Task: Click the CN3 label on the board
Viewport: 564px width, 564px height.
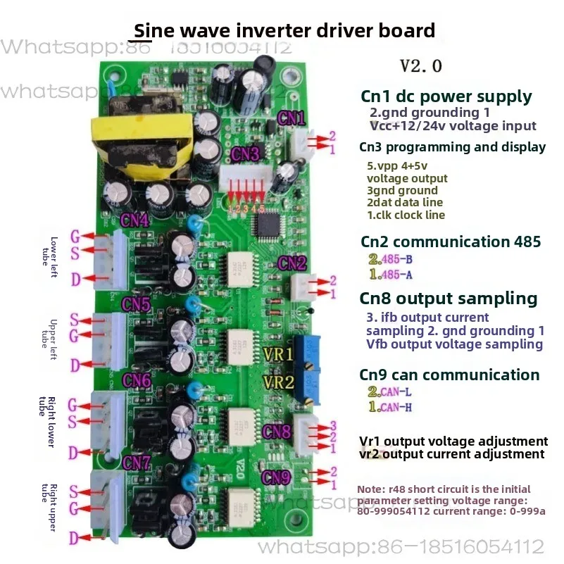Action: click(x=246, y=153)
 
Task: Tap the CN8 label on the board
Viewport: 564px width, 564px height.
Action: click(x=277, y=430)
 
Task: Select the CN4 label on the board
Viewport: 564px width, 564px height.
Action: click(x=134, y=220)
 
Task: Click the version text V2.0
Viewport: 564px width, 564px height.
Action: click(x=421, y=66)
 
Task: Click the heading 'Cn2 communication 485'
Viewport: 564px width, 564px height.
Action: click(x=451, y=242)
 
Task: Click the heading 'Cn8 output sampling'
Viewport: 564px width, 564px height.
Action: click(x=449, y=298)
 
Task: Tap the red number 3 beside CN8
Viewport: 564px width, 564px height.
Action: click(x=333, y=426)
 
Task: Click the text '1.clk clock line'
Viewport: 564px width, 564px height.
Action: click(x=406, y=215)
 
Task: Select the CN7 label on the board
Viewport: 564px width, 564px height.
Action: click(x=136, y=462)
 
